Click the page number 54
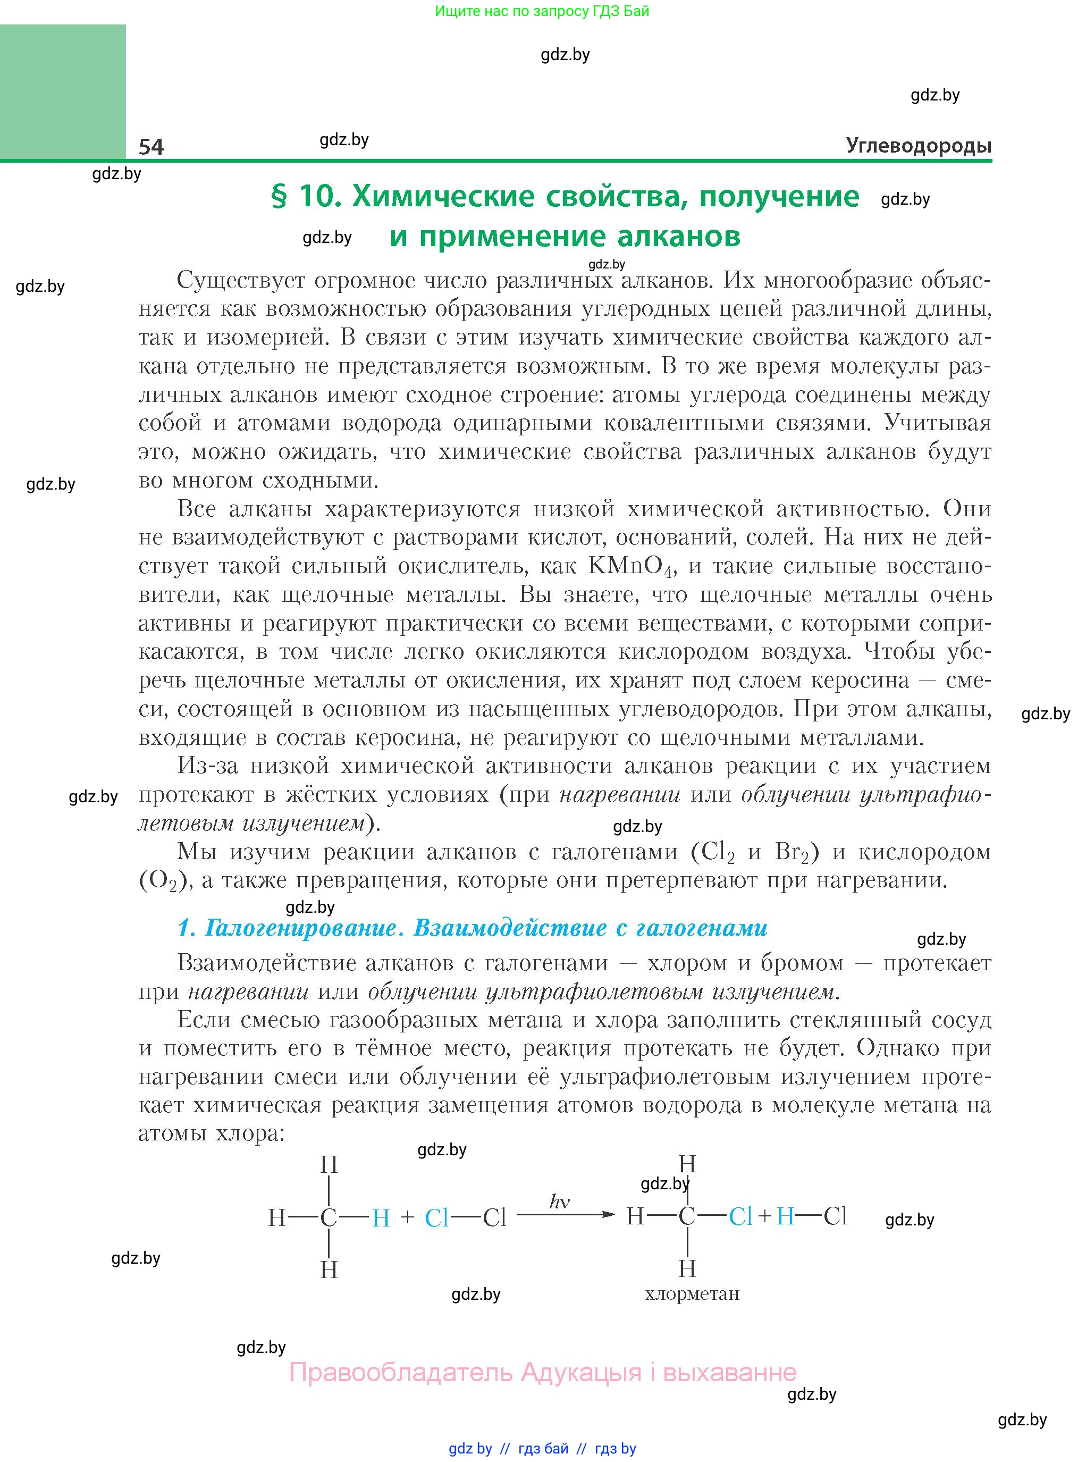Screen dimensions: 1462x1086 tap(151, 146)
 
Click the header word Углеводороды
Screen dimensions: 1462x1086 tap(919, 145)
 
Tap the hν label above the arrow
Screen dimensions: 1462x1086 tap(559, 1201)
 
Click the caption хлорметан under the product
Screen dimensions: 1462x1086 tap(692, 1293)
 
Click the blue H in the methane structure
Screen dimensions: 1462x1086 tap(381, 1218)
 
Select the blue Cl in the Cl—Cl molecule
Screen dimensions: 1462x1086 tap(436, 1218)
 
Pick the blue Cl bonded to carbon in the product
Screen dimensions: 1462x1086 tap(740, 1216)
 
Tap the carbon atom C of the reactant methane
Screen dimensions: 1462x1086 tap(328, 1218)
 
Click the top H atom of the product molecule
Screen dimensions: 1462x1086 tap(687, 1164)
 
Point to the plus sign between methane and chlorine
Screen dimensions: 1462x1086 tap(408, 1217)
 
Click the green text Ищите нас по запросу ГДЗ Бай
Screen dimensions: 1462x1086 tap(542, 11)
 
